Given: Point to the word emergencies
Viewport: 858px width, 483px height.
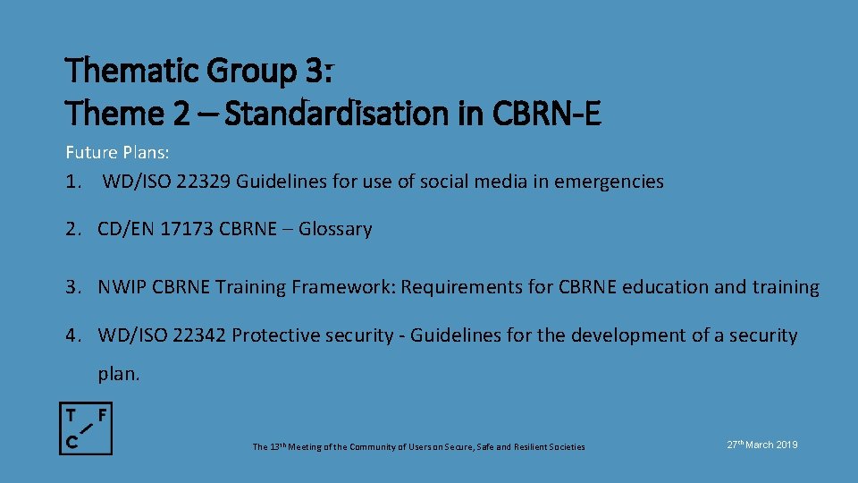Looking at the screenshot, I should pos(609,182).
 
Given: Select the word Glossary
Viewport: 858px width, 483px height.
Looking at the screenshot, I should pos(335,229).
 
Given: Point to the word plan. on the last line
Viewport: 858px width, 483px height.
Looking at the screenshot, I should pos(119,374).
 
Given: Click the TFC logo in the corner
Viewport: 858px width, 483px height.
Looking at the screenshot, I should pos(86,428).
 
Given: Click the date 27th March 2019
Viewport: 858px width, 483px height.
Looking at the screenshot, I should pos(762,445).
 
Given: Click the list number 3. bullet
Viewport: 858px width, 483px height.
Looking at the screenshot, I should pos(72,287).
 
